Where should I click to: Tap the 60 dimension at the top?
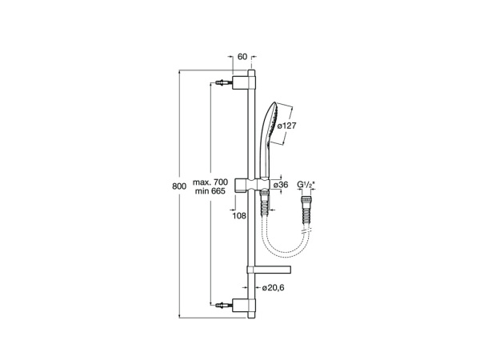point(242,57)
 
